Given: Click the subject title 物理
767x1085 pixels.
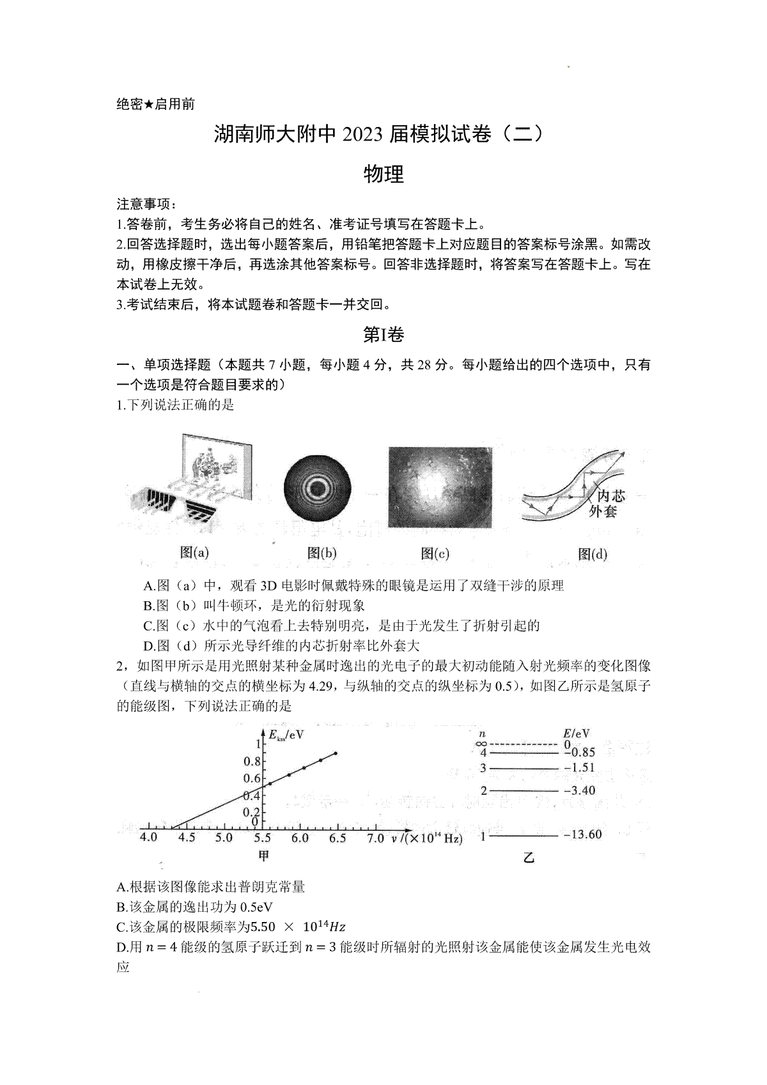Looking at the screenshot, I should point(383,174).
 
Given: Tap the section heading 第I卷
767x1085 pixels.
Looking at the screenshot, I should point(383,334).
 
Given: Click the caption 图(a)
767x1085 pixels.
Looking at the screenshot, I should point(194,553).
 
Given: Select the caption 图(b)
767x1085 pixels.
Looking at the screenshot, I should point(322,553).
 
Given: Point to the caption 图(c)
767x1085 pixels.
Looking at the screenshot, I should point(435,553).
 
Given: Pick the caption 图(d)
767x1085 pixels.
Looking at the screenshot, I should point(592,554).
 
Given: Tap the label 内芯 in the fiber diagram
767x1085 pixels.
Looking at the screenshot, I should point(610,496).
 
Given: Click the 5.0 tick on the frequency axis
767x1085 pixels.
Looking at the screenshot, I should point(223,838).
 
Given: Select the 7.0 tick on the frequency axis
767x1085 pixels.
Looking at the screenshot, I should point(375,838).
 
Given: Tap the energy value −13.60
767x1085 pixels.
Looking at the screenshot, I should point(582,835).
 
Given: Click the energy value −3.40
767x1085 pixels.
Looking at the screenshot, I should point(579,790).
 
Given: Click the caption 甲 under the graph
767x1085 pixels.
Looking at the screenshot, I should point(263,856).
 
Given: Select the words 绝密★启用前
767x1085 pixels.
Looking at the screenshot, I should point(156,104).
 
